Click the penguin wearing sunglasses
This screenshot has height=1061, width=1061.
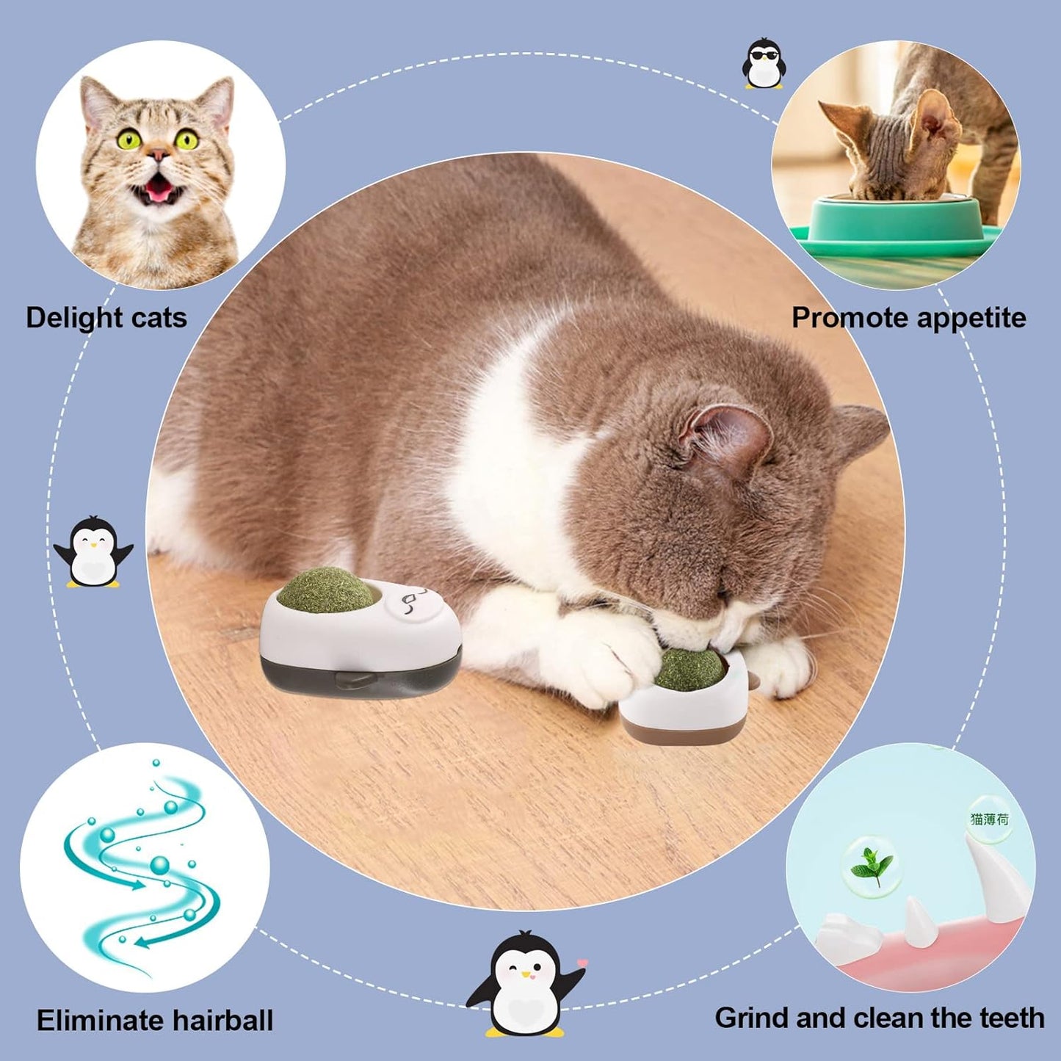[764, 64]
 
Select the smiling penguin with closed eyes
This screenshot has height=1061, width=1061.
[93, 551]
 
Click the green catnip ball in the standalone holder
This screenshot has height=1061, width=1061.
[317, 590]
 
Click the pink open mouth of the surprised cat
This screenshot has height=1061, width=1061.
[159, 189]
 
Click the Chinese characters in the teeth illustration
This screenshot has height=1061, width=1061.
[989, 819]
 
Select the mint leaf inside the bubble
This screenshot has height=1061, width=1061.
[871, 867]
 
